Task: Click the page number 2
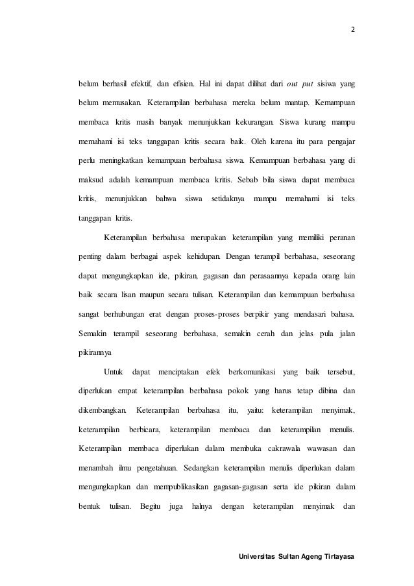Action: [x=353, y=29]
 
